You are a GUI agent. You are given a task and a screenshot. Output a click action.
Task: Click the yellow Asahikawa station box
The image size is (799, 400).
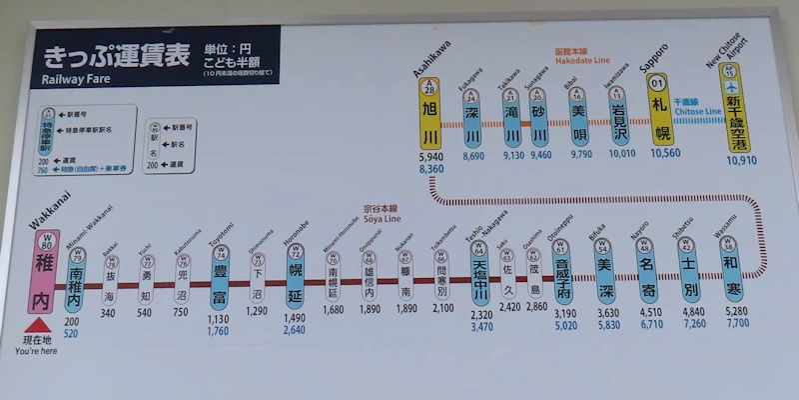pos(429,118)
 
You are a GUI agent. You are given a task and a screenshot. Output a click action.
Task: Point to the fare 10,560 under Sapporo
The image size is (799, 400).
pos(664,154)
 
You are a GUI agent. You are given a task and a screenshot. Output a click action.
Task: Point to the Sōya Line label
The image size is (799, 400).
pos(382,218)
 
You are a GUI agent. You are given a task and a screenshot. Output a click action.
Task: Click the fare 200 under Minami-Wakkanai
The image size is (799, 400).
pos(71,321)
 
